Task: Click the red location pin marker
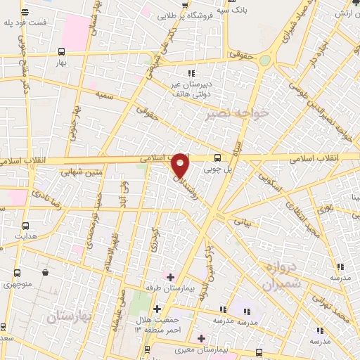pos(181,166)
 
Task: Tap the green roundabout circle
pos(264,61)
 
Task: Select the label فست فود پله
pos(26,22)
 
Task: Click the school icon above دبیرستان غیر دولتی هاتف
pos(191,73)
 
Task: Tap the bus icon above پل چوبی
pos(217,157)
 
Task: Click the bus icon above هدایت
pos(26,226)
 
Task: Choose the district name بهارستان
pos(70,317)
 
